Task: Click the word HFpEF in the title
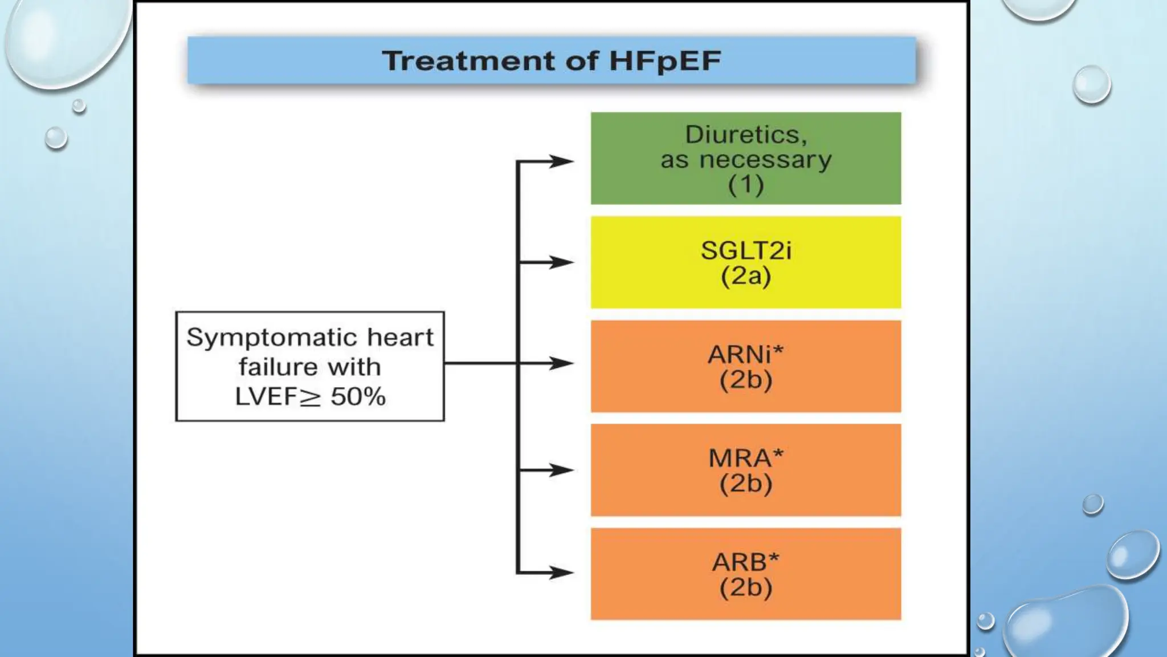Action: [x=665, y=61]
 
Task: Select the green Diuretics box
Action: [x=745, y=158]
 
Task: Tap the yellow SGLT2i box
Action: [x=745, y=262]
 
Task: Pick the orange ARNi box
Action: [x=745, y=366]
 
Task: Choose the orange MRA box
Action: [x=745, y=470]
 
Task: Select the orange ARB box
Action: [x=745, y=574]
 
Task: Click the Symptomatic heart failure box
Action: [x=310, y=366]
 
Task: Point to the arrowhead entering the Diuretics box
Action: [x=561, y=161]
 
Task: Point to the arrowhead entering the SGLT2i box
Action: [x=561, y=262]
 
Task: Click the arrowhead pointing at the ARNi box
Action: [x=561, y=363]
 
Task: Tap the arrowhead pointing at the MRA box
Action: [x=561, y=470]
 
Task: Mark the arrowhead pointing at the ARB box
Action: [x=561, y=572]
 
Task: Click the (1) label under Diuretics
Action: [x=745, y=185]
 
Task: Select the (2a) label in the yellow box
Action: [x=745, y=277]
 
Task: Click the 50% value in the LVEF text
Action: [x=358, y=396]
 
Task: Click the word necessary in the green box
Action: [x=765, y=160]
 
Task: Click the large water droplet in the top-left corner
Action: [x=66, y=40]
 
